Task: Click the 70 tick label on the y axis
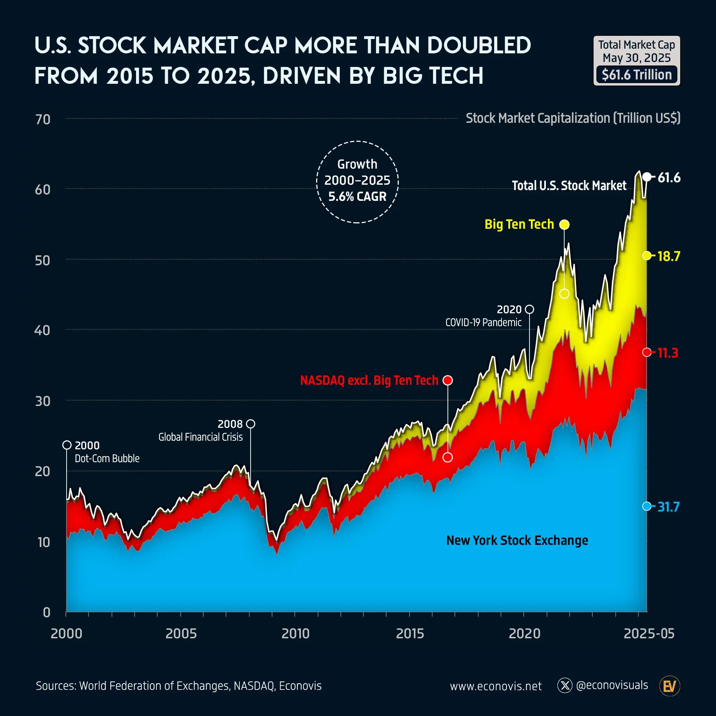(43, 119)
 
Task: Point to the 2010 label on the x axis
(295, 633)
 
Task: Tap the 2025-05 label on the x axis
(649, 633)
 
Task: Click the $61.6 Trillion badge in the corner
(636, 74)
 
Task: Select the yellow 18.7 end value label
(668, 256)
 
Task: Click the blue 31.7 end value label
(668, 507)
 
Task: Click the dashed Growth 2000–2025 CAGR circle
(357, 182)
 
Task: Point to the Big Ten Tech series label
(519, 224)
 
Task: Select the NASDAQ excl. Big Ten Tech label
(369, 380)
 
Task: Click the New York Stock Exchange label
(517, 540)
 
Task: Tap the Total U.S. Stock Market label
(569, 185)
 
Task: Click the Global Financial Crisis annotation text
(200, 437)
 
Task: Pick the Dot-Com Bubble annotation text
(107, 459)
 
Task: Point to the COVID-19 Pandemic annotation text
(483, 323)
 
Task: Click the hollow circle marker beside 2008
(251, 424)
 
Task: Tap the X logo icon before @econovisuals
(565, 686)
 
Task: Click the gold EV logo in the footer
(670, 686)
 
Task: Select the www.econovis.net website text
(495, 686)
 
